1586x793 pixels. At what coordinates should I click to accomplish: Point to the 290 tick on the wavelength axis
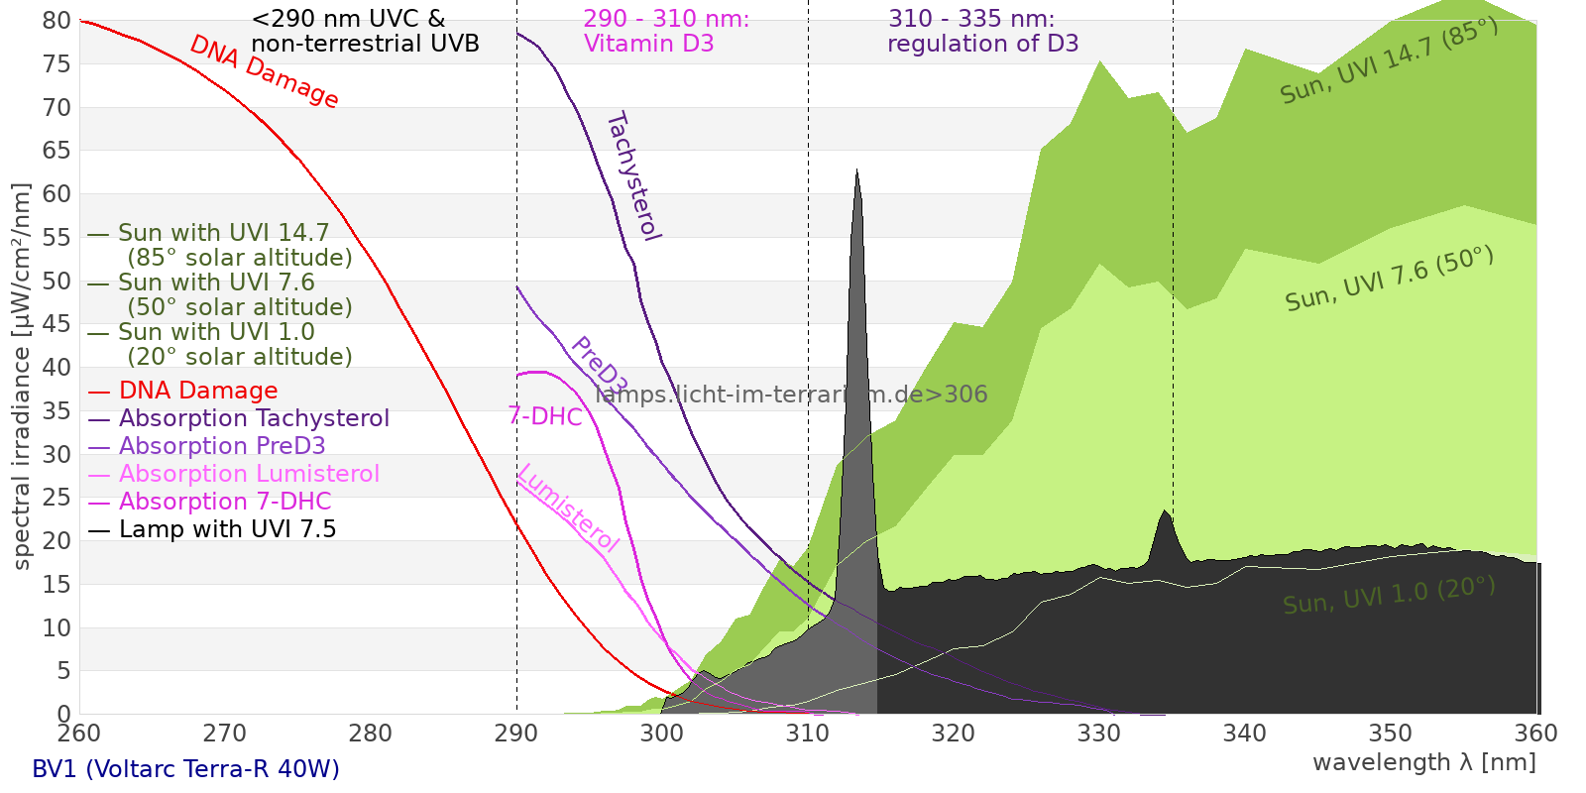(516, 733)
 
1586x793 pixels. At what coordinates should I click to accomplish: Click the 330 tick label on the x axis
(1099, 733)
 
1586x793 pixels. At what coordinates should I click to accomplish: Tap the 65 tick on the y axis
(57, 151)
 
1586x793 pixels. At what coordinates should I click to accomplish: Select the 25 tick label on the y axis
(57, 498)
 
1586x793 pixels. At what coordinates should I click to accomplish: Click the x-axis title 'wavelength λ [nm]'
(1423, 762)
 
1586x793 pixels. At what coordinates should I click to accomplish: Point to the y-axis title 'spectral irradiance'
(22, 377)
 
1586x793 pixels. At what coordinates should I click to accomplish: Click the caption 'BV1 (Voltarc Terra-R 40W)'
(185, 769)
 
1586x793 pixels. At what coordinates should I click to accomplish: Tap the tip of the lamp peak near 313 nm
(857, 170)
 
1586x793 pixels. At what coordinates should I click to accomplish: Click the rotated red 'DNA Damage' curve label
(264, 71)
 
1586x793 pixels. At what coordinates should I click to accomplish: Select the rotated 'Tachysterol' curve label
(632, 175)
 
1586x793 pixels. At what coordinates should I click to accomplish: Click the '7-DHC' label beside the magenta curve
(545, 416)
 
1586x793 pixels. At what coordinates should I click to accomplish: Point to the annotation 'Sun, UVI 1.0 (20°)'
(1389, 596)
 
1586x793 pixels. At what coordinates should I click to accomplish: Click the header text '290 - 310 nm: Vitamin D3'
(666, 32)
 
